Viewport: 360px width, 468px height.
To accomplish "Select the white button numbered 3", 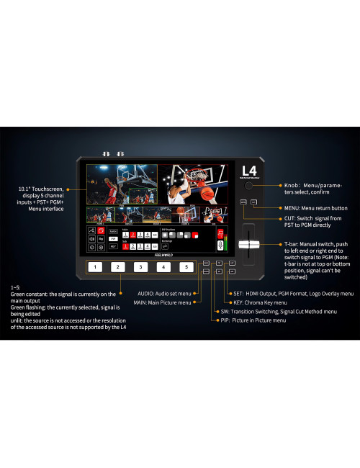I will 141,267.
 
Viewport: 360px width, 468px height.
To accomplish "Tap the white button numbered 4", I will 164,267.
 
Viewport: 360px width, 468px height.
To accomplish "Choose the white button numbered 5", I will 187,267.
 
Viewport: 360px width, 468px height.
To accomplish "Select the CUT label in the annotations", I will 271,218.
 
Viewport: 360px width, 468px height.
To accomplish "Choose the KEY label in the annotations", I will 234,303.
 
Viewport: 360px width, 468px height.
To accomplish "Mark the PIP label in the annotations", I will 224,320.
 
